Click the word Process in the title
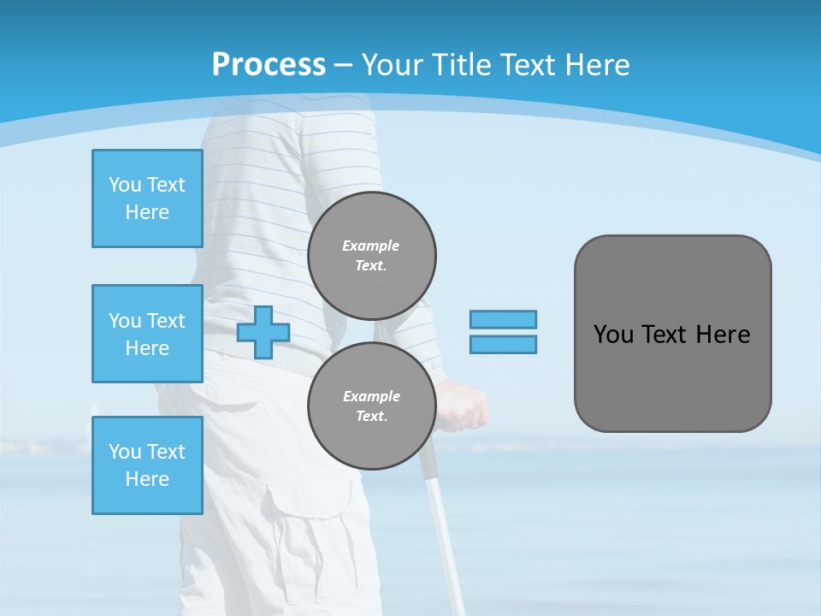[x=269, y=65]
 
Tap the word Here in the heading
[x=597, y=65]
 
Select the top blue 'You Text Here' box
[x=147, y=198]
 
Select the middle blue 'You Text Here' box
[x=147, y=334]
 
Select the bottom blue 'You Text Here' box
[x=147, y=465]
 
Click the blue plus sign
[x=263, y=333]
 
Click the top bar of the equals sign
[x=503, y=319]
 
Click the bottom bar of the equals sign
[x=503, y=345]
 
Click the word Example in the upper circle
[x=370, y=246]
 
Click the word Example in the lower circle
[x=371, y=396]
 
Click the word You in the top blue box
[x=125, y=185]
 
